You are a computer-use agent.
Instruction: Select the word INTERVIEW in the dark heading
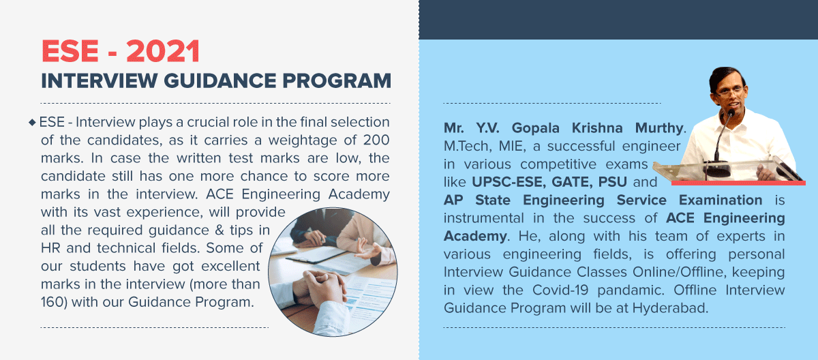click(x=100, y=80)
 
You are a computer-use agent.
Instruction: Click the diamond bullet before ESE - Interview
click(x=32, y=122)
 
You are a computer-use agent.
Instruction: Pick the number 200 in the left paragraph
click(x=376, y=140)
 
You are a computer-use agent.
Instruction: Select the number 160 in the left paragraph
click(x=52, y=302)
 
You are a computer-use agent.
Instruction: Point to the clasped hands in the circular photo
click(x=320, y=288)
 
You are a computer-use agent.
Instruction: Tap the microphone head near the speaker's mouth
click(x=731, y=113)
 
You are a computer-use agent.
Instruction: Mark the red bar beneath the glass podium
click(x=738, y=183)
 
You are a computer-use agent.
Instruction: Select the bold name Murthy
click(x=658, y=128)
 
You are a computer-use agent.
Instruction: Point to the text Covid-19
click(x=560, y=290)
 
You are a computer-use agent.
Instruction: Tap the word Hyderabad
click(x=669, y=308)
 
